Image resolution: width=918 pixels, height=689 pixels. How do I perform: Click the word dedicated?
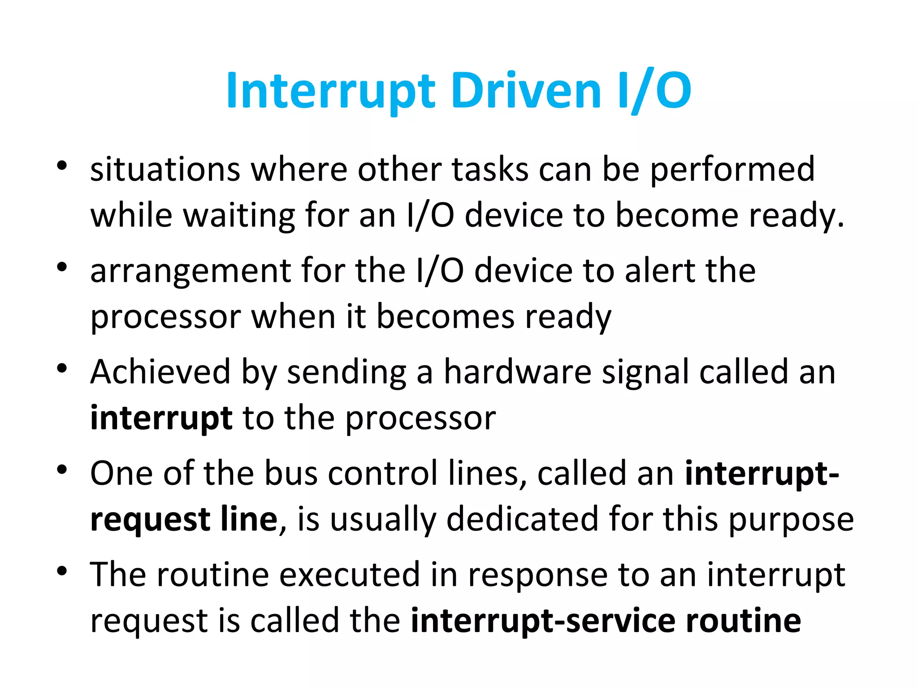click(522, 519)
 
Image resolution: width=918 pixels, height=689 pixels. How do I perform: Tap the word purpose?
click(791, 519)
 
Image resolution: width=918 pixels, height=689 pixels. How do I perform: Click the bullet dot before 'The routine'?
click(62, 571)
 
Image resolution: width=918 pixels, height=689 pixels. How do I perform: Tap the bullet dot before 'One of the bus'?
click(62, 470)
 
